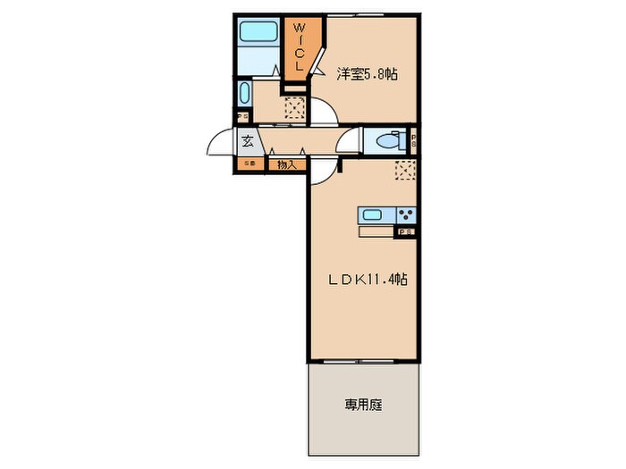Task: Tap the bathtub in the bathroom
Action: [260, 34]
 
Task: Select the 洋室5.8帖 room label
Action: [367, 76]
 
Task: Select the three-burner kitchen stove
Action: [407, 215]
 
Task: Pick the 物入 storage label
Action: [285, 164]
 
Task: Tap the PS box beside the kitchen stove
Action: [406, 232]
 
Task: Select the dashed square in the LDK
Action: [406, 171]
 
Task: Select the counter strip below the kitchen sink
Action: [376, 232]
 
